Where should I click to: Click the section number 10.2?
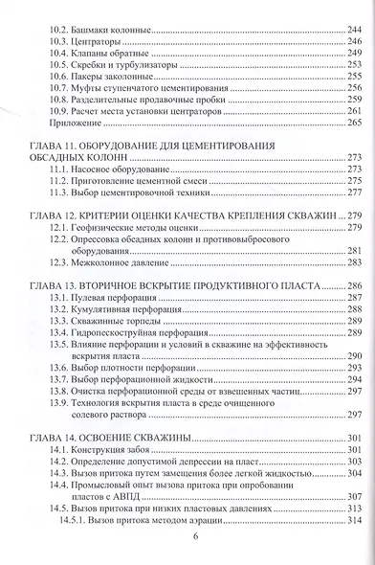pyautogui.click(x=59, y=32)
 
